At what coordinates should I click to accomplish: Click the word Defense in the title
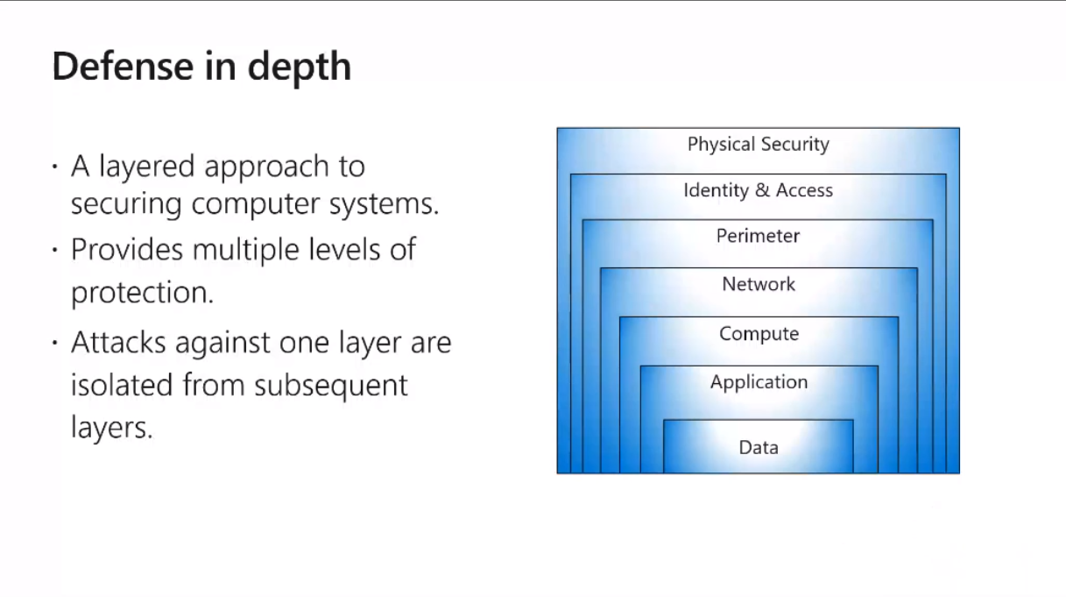109,67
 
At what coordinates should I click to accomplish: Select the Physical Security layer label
758,145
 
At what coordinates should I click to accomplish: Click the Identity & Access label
758,190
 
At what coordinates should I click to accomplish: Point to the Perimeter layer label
758,237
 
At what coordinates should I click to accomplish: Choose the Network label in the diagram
759,284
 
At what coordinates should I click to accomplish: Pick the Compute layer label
759,334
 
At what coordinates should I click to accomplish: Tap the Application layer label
759,382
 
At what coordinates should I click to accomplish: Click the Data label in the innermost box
759,447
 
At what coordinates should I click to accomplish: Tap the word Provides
128,250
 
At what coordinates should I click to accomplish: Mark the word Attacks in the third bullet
120,342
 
